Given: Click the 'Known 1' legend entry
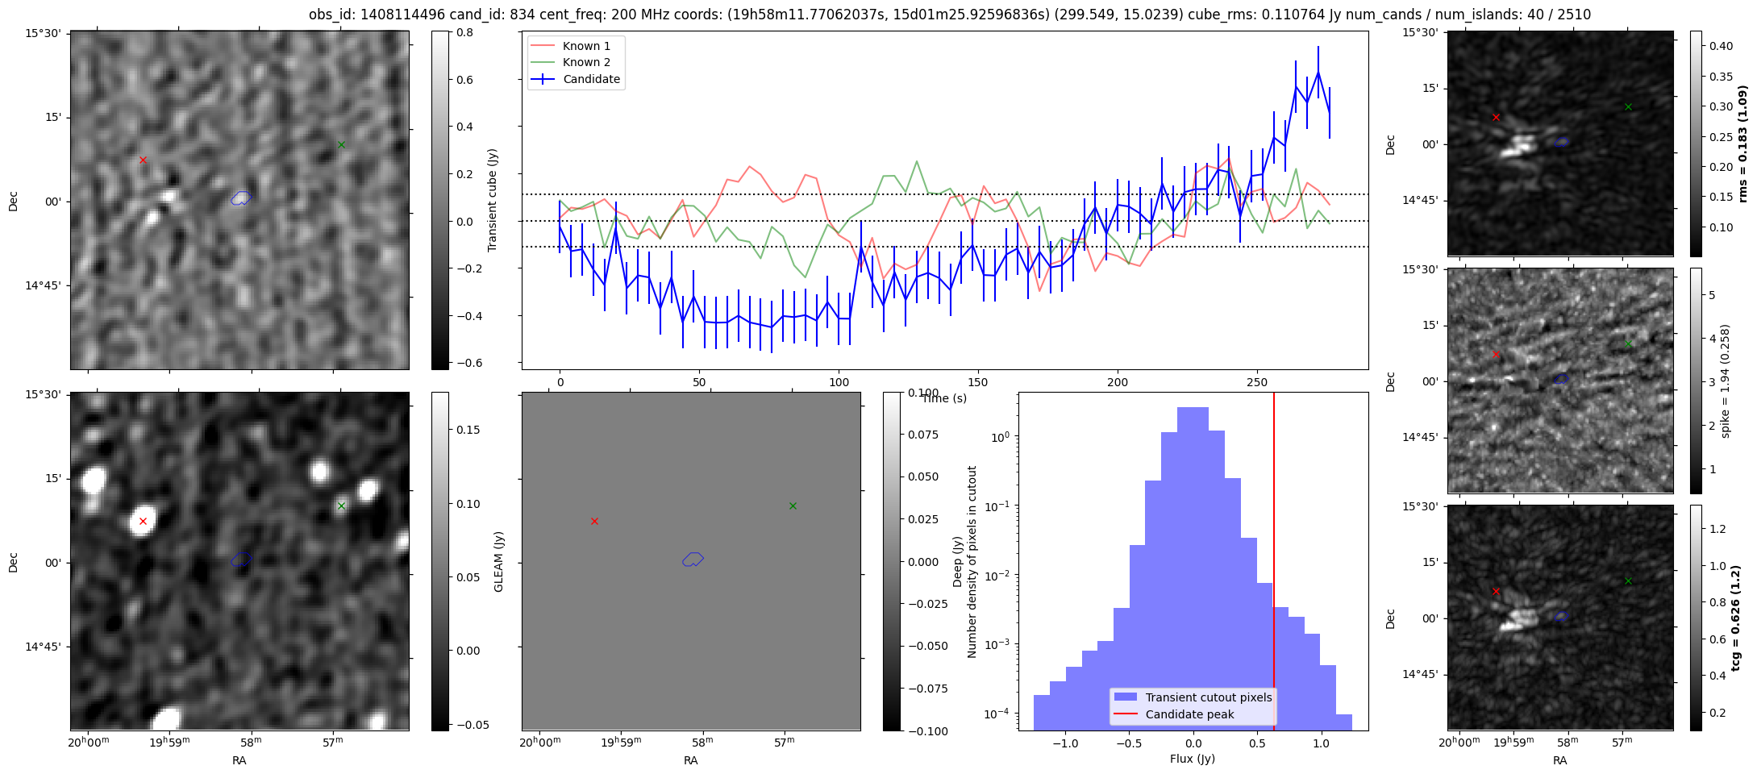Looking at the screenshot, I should point(585,46).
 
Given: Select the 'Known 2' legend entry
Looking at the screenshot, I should point(585,62).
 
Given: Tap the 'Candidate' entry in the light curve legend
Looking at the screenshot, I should point(591,79).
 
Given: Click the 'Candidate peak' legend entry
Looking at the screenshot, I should point(1189,714).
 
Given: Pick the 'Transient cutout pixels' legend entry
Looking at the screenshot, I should point(1208,697).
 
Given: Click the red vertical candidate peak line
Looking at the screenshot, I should point(1274,524).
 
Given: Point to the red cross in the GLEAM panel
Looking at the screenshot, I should point(594,522).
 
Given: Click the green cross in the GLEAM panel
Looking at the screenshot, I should point(793,506).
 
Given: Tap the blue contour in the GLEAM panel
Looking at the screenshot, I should point(693,559).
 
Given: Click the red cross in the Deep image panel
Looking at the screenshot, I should point(143,522).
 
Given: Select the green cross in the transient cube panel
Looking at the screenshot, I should point(341,145).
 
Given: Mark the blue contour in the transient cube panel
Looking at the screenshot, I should point(241,198).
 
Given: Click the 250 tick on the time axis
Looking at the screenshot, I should point(1257,381).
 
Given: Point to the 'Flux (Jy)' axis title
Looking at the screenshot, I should point(1192,759).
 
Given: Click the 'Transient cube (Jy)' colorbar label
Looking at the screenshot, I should point(492,200).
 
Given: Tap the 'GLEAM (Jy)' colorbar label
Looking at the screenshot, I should point(498,562).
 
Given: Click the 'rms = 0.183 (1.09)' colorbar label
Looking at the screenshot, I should point(1742,144).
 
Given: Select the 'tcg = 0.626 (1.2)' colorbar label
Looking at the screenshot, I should point(1736,618).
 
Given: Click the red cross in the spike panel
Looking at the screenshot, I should point(1496,354).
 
